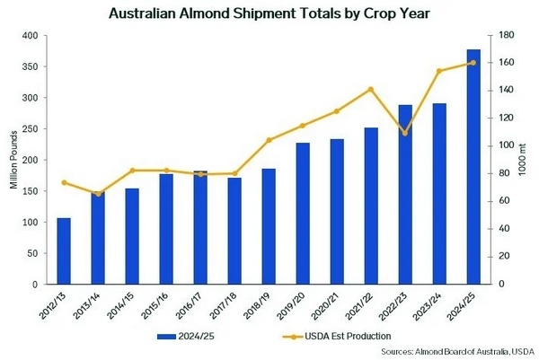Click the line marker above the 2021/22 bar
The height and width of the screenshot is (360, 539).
coord(371,89)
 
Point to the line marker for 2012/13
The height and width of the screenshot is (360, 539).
coord(64,182)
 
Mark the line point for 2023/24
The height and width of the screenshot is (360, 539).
coord(439,71)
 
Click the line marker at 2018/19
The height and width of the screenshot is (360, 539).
coord(269,140)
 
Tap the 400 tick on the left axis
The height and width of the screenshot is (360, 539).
coord(37,36)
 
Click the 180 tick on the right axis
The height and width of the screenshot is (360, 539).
coord(506,36)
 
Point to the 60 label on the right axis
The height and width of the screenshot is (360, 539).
coord(503,201)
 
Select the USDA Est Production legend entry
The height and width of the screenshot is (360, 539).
coord(332,336)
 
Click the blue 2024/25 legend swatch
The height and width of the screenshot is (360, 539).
coord(167,336)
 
